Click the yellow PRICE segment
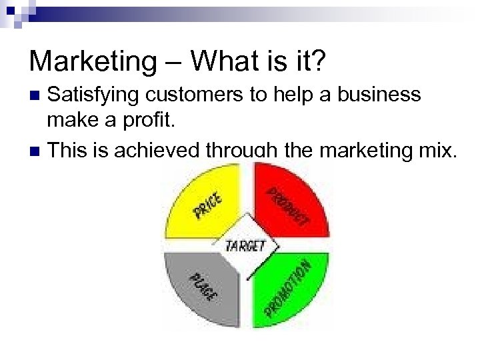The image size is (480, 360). (x=200, y=200)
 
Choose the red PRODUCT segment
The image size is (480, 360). (x=293, y=200)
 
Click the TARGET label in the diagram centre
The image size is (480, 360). (x=245, y=245)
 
